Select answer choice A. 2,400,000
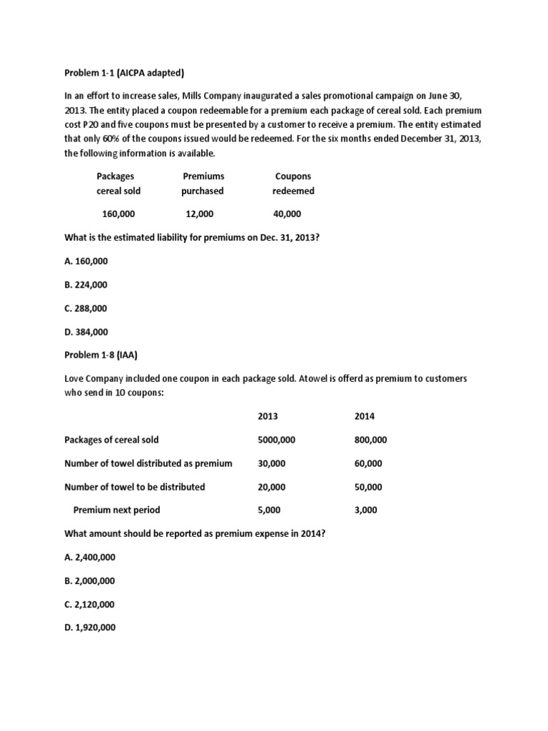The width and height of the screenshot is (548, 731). [90, 557]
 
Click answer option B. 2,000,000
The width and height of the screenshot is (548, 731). [90, 580]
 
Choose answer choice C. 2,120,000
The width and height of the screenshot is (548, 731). [90, 604]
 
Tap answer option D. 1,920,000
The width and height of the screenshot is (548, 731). [90, 627]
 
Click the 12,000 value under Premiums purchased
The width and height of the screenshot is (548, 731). [198, 214]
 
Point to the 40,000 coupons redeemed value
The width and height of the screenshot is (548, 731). [287, 214]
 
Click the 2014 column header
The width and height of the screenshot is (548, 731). [364, 416]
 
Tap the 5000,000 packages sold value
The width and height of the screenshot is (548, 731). [276, 440]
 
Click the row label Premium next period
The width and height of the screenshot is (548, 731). [117, 510]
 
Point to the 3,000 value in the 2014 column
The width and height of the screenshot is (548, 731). [365, 510]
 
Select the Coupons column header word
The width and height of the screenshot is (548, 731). [293, 176]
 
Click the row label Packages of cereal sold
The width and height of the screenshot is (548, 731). [112, 440]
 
